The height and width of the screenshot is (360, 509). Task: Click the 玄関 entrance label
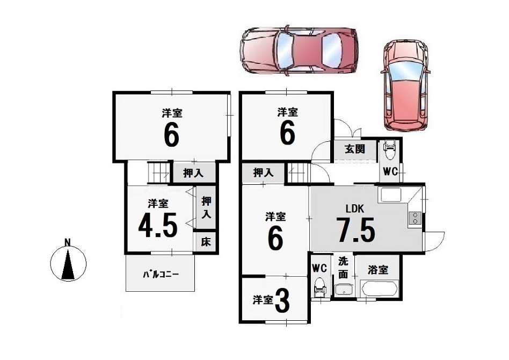coord(355,149)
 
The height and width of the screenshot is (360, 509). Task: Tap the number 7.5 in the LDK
coord(355,230)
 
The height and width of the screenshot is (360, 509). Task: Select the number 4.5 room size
coord(158,225)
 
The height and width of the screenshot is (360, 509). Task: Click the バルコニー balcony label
coord(161,275)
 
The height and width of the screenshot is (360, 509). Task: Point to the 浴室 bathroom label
coord(378,270)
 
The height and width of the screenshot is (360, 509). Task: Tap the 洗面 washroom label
coord(343,268)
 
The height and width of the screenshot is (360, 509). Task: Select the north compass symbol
coord(68,263)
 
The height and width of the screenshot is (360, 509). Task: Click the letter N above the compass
coord(68,242)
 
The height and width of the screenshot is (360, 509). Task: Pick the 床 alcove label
coord(206,241)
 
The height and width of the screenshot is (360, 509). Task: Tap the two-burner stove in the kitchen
coord(415,218)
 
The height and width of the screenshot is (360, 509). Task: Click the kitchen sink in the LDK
coord(390,195)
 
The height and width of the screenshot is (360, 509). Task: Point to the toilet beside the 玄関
coord(390,150)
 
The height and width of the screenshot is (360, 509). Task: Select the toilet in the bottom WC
coord(319,287)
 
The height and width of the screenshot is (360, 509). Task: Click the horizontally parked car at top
coord(299,52)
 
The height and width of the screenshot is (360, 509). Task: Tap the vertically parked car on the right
coord(405,86)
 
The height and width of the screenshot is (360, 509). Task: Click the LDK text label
coord(355,208)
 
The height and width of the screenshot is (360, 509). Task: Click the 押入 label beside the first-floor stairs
coord(263,172)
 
